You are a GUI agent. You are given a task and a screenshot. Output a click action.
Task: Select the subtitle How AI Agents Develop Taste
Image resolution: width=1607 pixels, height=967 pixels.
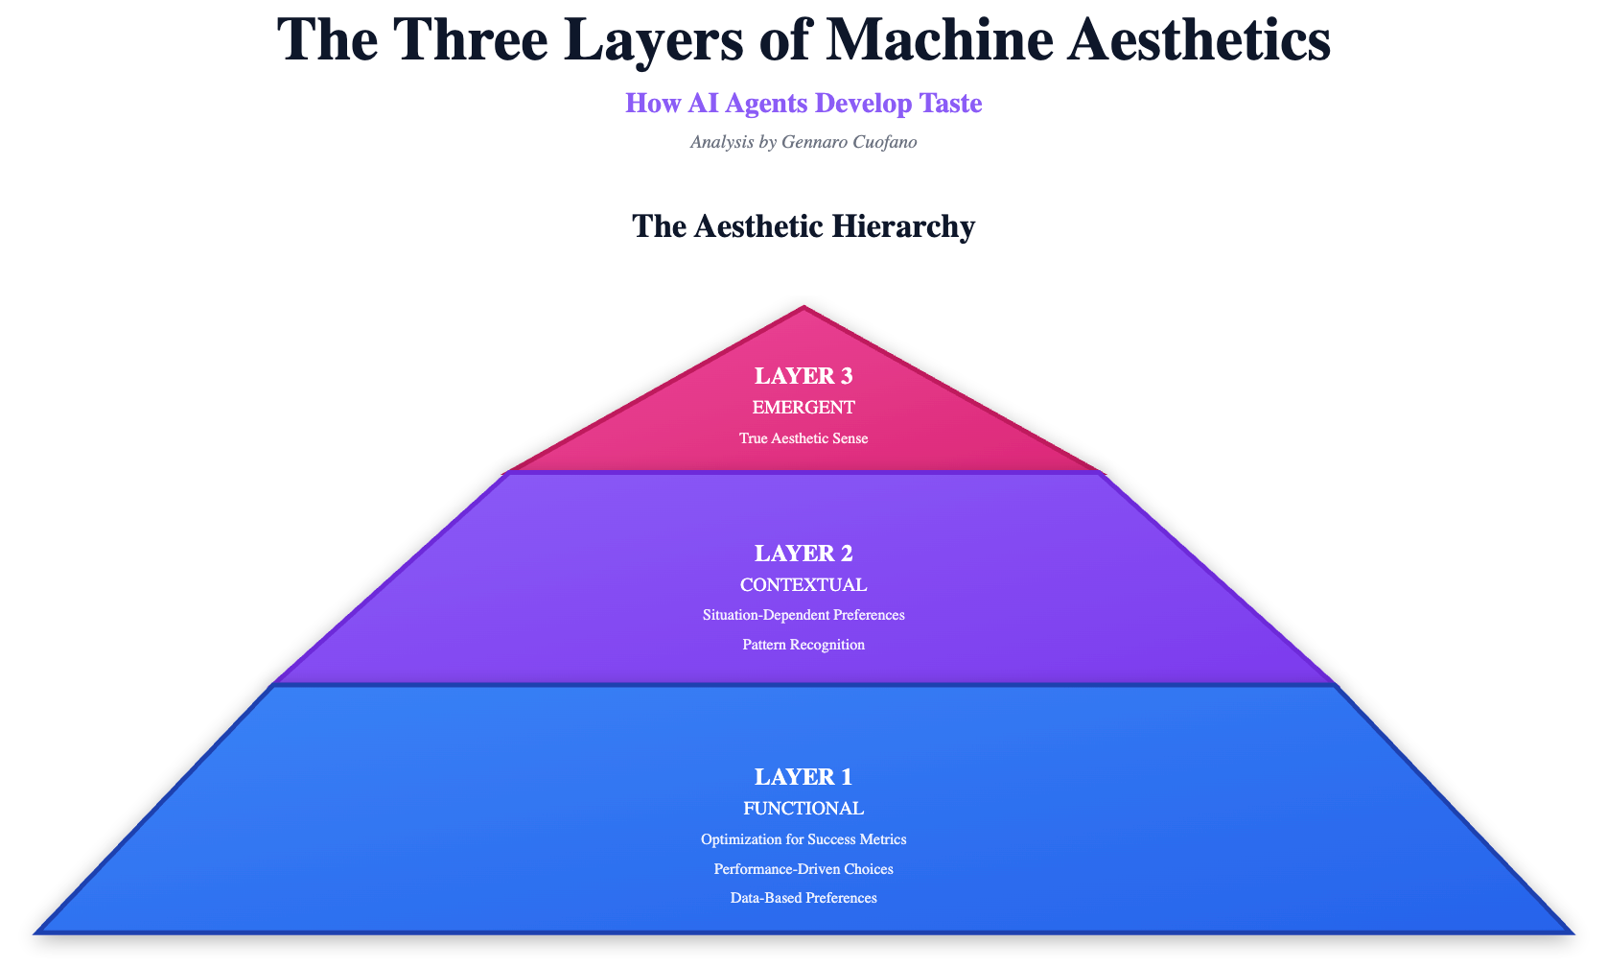[x=803, y=104]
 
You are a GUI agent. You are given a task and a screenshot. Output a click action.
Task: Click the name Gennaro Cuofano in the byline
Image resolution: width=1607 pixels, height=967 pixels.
[x=851, y=143]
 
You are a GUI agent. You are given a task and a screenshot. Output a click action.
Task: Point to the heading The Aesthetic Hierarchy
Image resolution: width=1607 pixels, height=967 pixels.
[x=803, y=226]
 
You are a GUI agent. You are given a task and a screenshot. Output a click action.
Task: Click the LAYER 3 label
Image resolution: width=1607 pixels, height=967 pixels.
[x=803, y=376]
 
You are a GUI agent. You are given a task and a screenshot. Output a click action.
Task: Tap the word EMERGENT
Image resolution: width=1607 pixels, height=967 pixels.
[x=803, y=408]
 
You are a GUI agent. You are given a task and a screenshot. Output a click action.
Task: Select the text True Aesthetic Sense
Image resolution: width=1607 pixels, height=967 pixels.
[x=803, y=438]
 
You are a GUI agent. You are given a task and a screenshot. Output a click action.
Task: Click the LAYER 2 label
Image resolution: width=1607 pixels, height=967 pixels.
[x=803, y=554]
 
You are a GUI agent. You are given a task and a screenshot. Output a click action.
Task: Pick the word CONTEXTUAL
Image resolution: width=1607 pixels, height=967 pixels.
[x=803, y=584]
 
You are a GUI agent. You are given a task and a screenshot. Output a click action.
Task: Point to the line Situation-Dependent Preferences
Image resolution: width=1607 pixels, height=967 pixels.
[x=803, y=615]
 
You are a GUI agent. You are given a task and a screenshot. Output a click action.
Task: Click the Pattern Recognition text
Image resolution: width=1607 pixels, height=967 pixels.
[x=803, y=645]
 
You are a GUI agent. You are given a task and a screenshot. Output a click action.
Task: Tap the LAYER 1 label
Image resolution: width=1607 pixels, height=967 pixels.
[x=803, y=777]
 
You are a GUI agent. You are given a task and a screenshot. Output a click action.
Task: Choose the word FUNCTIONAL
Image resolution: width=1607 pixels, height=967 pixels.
[x=803, y=808]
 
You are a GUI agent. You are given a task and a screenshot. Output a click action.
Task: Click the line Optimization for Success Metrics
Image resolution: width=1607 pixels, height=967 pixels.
[x=803, y=839]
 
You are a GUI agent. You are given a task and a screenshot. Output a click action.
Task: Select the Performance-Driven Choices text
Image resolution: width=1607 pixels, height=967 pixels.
[x=803, y=869]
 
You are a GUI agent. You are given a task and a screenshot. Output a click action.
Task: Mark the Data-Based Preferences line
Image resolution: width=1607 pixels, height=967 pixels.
[x=803, y=899]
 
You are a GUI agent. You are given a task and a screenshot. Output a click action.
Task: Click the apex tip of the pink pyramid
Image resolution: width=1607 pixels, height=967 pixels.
[x=803, y=310]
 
